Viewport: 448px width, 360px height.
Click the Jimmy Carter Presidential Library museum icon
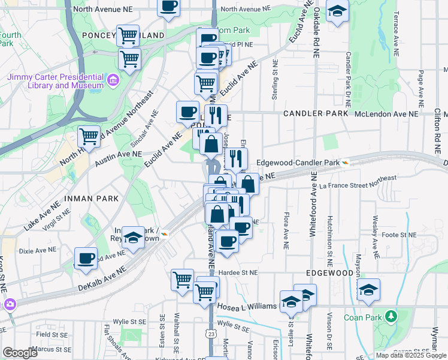112,80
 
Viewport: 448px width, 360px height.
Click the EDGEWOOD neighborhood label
329,272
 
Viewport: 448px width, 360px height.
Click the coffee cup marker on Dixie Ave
86,258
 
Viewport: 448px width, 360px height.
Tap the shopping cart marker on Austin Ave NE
89,136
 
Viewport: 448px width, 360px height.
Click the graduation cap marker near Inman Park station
134,236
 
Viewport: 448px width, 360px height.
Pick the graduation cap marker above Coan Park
368,289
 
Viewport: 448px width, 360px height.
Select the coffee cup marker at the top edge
168,6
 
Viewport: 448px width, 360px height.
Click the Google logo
20,353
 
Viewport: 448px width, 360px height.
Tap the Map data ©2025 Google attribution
411,355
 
